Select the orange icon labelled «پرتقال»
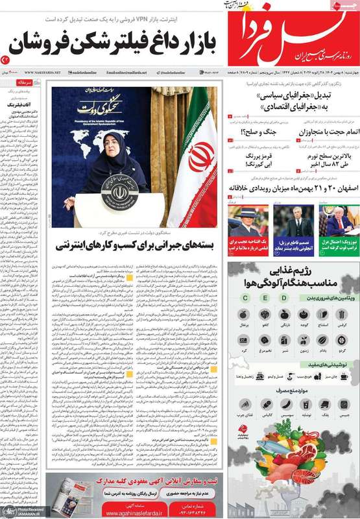coord(244,315)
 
